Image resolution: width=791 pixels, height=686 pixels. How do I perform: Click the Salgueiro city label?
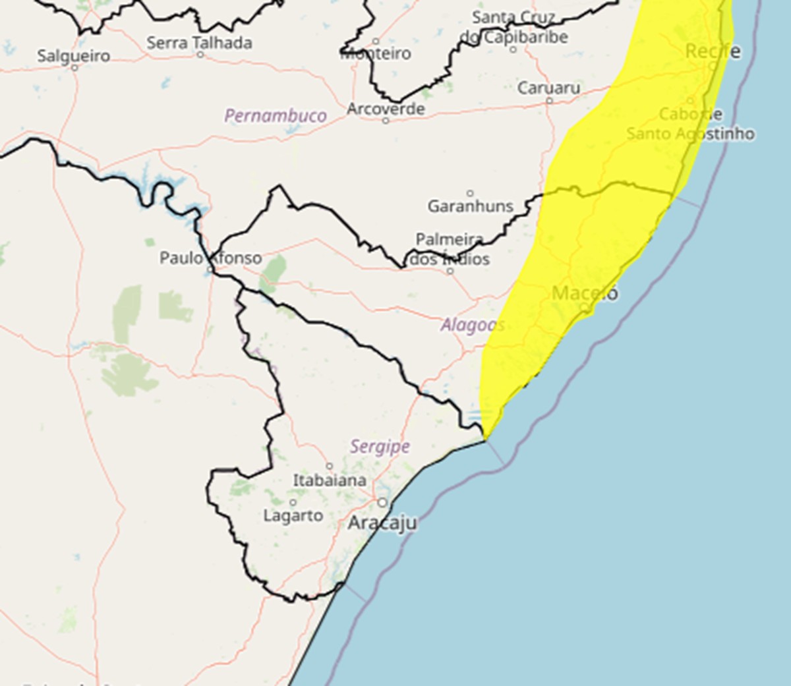pyautogui.click(x=74, y=55)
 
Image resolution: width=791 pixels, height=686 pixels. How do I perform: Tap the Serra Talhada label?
pyautogui.click(x=199, y=43)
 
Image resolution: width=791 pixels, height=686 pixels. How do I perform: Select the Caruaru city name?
pyautogui.click(x=549, y=88)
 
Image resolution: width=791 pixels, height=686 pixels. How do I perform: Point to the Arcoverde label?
pyautogui.click(x=386, y=109)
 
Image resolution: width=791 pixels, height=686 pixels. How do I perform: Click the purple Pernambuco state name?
pyautogui.click(x=276, y=116)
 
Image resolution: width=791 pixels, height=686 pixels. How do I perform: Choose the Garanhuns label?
pyautogui.click(x=470, y=206)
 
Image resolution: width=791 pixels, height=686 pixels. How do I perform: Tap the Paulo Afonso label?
pyautogui.click(x=210, y=258)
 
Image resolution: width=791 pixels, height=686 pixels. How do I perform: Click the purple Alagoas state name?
pyautogui.click(x=473, y=325)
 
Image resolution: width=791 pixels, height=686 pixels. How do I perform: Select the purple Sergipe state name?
pyautogui.click(x=380, y=447)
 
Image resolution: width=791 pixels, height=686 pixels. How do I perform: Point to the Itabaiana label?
pyautogui.click(x=330, y=480)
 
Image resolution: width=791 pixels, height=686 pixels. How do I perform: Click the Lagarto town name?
pyautogui.click(x=293, y=515)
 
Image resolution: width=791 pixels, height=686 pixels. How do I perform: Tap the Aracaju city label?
pyautogui.click(x=382, y=523)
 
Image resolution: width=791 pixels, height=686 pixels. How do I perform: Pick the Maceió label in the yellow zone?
pyautogui.click(x=585, y=293)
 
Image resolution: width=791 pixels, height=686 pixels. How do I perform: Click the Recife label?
pyautogui.click(x=713, y=51)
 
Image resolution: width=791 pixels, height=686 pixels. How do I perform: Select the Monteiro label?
pyautogui.click(x=376, y=53)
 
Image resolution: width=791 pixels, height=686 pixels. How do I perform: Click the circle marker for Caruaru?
pyautogui.click(x=549, y=101)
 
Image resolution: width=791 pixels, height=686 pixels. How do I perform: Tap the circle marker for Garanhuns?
pyautogui.click(x=470, y=193)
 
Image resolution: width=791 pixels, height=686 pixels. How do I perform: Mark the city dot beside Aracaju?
pyautogui.click(x=382, y=503)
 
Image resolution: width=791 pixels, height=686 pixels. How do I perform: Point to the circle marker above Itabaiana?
pyautogui.click(x=330, y=467)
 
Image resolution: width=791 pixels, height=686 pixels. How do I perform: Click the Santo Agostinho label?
pyautogui.click(x=690, y=134)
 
